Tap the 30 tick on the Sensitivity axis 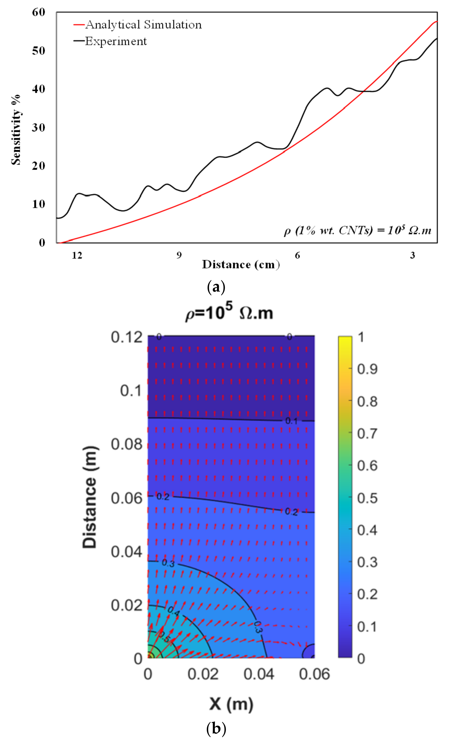[x=38, y=127]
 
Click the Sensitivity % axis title [x=16, y=130]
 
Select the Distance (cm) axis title [x=241, y=265]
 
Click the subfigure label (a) [x=216, y=287]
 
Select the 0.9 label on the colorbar [x=367, y=369]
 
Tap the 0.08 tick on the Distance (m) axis [x=126, y=444]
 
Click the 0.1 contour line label [x=291, y=421]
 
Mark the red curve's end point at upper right [x=437, y=22]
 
